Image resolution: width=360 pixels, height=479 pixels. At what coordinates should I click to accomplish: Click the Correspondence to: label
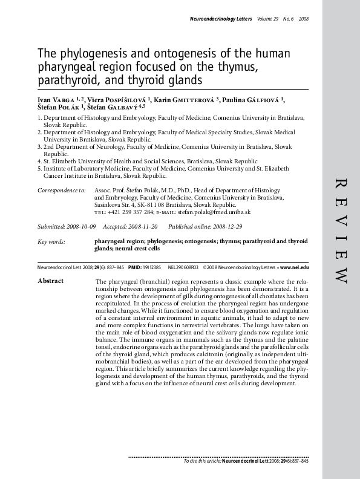pos(61,191)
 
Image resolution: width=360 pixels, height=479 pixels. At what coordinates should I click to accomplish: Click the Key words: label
pos(51,241)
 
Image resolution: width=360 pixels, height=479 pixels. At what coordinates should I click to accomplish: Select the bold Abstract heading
pos(51,281)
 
